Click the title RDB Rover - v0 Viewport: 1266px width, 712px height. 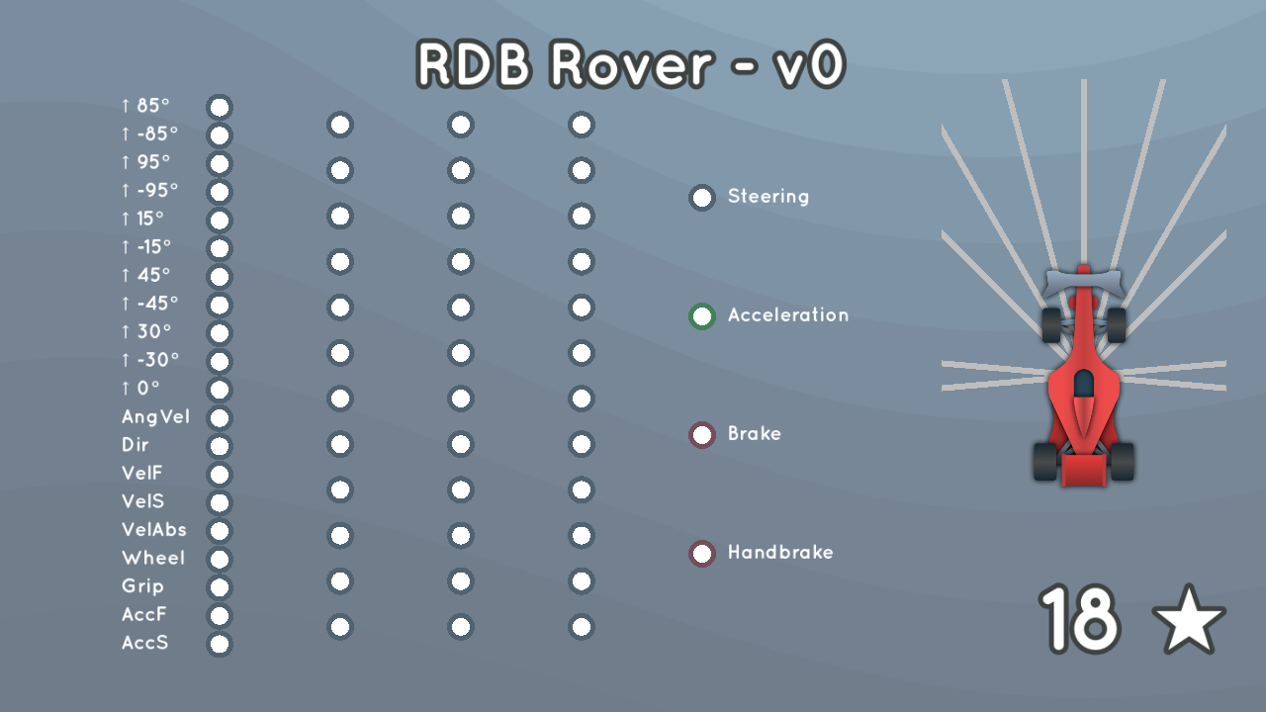(x=631, y=64)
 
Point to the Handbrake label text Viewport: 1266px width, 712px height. (x=780, y=552)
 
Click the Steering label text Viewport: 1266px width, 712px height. (x=769, y=197)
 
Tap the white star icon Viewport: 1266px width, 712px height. (x=1189, y=620)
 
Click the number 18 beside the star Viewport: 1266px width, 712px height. (x=1079, y=619)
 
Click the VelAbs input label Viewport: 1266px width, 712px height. (x=153, y=529)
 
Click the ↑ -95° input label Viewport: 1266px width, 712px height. (x=149, y=191)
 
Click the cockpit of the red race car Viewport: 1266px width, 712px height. (x=1083, y=385)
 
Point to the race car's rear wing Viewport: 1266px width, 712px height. (x=1083, y=469)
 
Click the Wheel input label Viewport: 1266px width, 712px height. (x=153, y=558)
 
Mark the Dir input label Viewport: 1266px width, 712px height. (x=136, y=445)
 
